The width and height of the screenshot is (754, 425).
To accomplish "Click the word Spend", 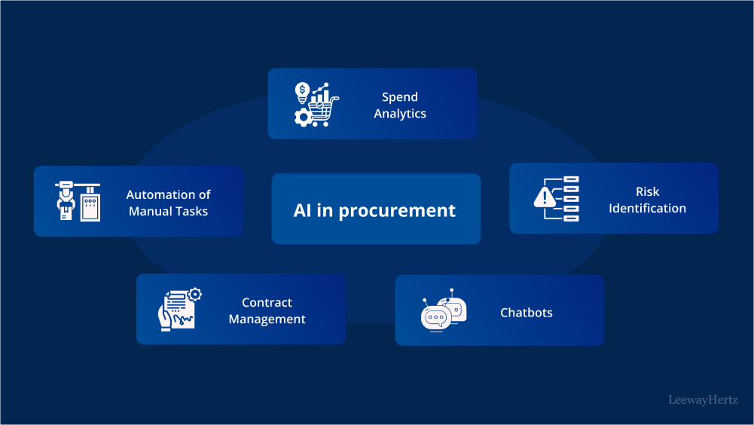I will coord(399,97).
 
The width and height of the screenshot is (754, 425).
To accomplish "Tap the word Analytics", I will coord(400,114).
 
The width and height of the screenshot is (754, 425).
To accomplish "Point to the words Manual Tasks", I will coord(168,211).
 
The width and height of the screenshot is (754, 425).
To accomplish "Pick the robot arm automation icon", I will coord(78,201).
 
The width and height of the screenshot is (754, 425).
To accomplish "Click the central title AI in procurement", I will coord(374,210).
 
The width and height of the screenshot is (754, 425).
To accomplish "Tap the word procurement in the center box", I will coord(397,211).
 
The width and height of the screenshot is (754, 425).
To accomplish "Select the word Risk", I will coord(647,191).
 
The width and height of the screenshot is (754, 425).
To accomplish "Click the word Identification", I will coord(647,208).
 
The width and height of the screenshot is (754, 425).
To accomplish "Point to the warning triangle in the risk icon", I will coord(543,198).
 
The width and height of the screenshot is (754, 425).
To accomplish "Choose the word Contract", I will coord(267,302).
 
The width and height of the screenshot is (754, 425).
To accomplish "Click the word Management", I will coord(267,319).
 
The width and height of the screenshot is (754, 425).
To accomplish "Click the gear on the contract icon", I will coord(194,293).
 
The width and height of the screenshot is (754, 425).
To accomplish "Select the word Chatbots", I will coord(526,312).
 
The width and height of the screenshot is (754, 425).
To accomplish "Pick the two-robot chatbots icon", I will coord(444,310).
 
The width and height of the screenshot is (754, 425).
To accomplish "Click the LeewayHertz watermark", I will coord(703,400).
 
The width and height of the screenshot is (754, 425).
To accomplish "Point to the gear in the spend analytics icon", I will coord(303,118).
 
